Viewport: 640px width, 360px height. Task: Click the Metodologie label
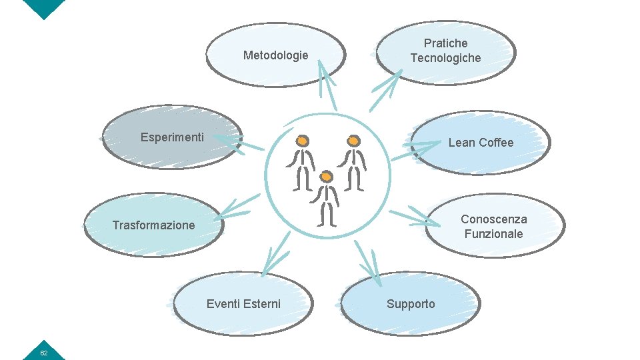275,55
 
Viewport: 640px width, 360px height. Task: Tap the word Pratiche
445,43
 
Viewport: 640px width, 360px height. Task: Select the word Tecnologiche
445,58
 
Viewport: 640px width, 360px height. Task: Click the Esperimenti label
172,137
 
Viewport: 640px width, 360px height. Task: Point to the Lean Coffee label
481,143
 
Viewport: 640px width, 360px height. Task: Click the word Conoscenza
493,219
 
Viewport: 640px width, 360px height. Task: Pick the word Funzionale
493,234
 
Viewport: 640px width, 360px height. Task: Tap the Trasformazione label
153,225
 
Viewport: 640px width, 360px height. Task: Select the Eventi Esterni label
243,304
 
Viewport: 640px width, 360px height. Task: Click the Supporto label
411,304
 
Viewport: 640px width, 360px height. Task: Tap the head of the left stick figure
302,141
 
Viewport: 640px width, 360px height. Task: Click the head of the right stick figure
353,141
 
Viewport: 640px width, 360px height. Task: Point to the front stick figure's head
326,177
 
